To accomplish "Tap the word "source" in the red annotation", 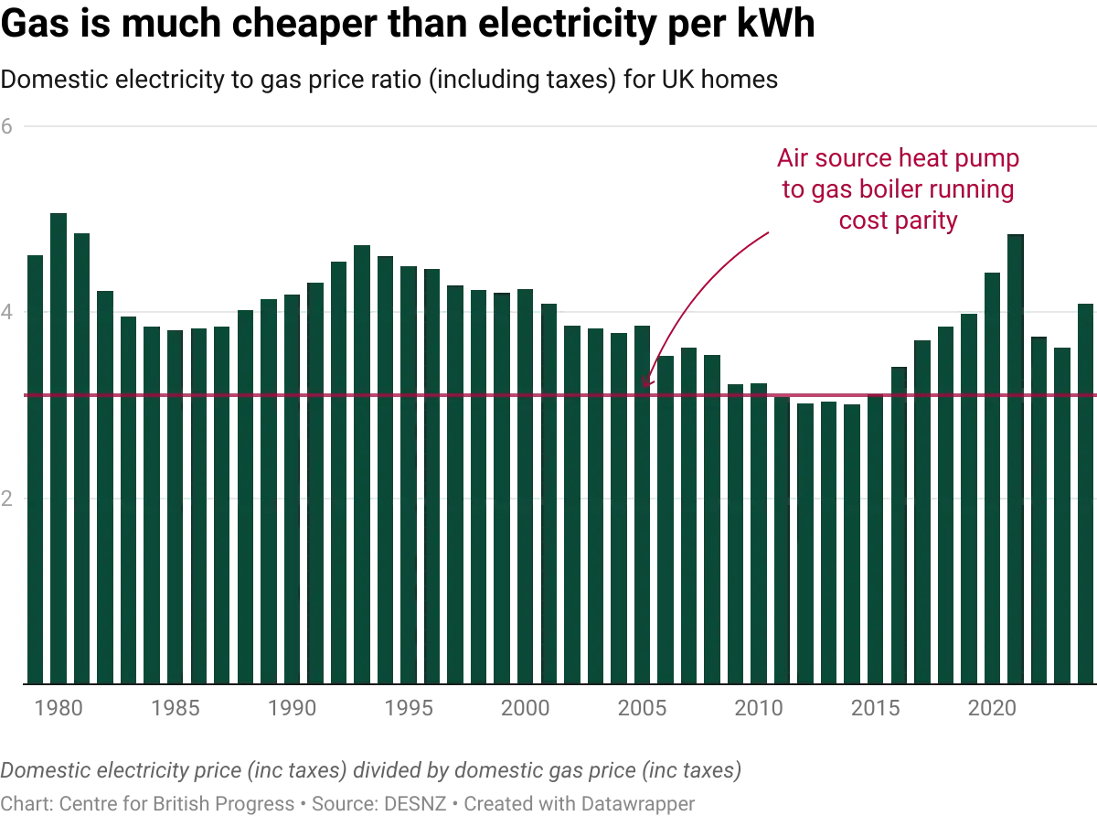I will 848,159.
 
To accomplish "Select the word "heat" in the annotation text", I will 923,159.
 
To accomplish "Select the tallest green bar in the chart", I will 59,448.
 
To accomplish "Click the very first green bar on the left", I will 35,467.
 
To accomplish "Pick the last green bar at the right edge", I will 1086,494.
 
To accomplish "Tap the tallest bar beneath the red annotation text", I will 1013,457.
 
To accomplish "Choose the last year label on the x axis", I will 992,707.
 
